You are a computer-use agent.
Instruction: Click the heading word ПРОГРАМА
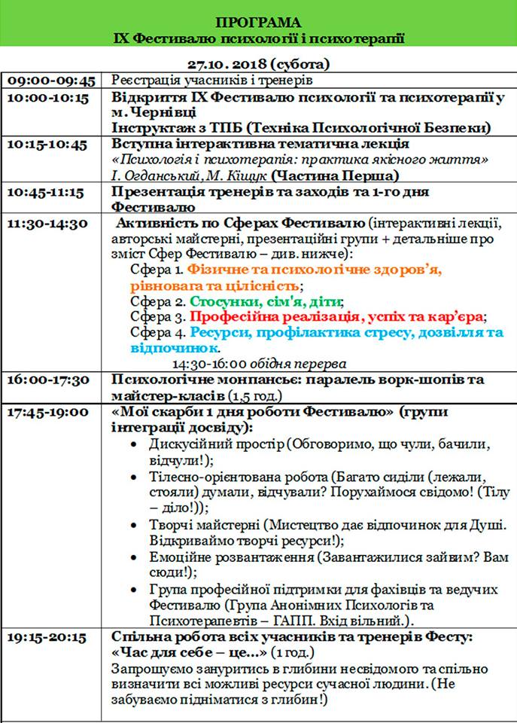(257, 22)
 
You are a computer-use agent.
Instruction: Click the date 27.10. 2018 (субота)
(257, 65)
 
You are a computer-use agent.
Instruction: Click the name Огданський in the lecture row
(158, 176)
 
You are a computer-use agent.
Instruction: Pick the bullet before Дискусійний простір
(133, 444)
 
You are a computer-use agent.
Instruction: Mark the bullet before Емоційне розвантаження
(133, 557)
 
